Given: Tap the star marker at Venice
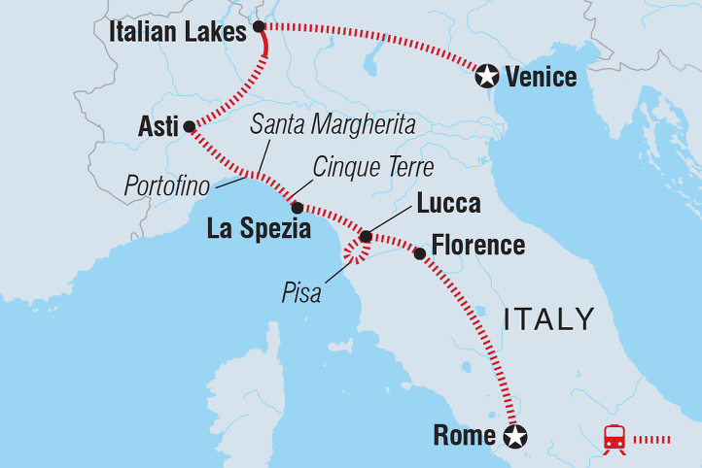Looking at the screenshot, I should (x=486, y=75).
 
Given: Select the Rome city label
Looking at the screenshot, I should (x=464, y=436).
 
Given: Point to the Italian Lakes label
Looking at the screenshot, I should (x=179, y=32).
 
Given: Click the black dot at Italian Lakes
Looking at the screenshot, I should (x=259, y=26).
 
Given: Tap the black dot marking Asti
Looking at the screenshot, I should (x=190, y=126).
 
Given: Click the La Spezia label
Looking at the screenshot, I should (x=260, y=230).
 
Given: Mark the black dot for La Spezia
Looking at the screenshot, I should (x=297, y=207).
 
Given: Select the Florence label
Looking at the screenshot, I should (x=477, y=246).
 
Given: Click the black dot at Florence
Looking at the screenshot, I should (x=419, y=253).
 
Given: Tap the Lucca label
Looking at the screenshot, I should (x=447, y=205).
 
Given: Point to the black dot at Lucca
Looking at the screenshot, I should (x=366, y=236).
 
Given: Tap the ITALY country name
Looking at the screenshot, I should (x=549, y=318).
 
